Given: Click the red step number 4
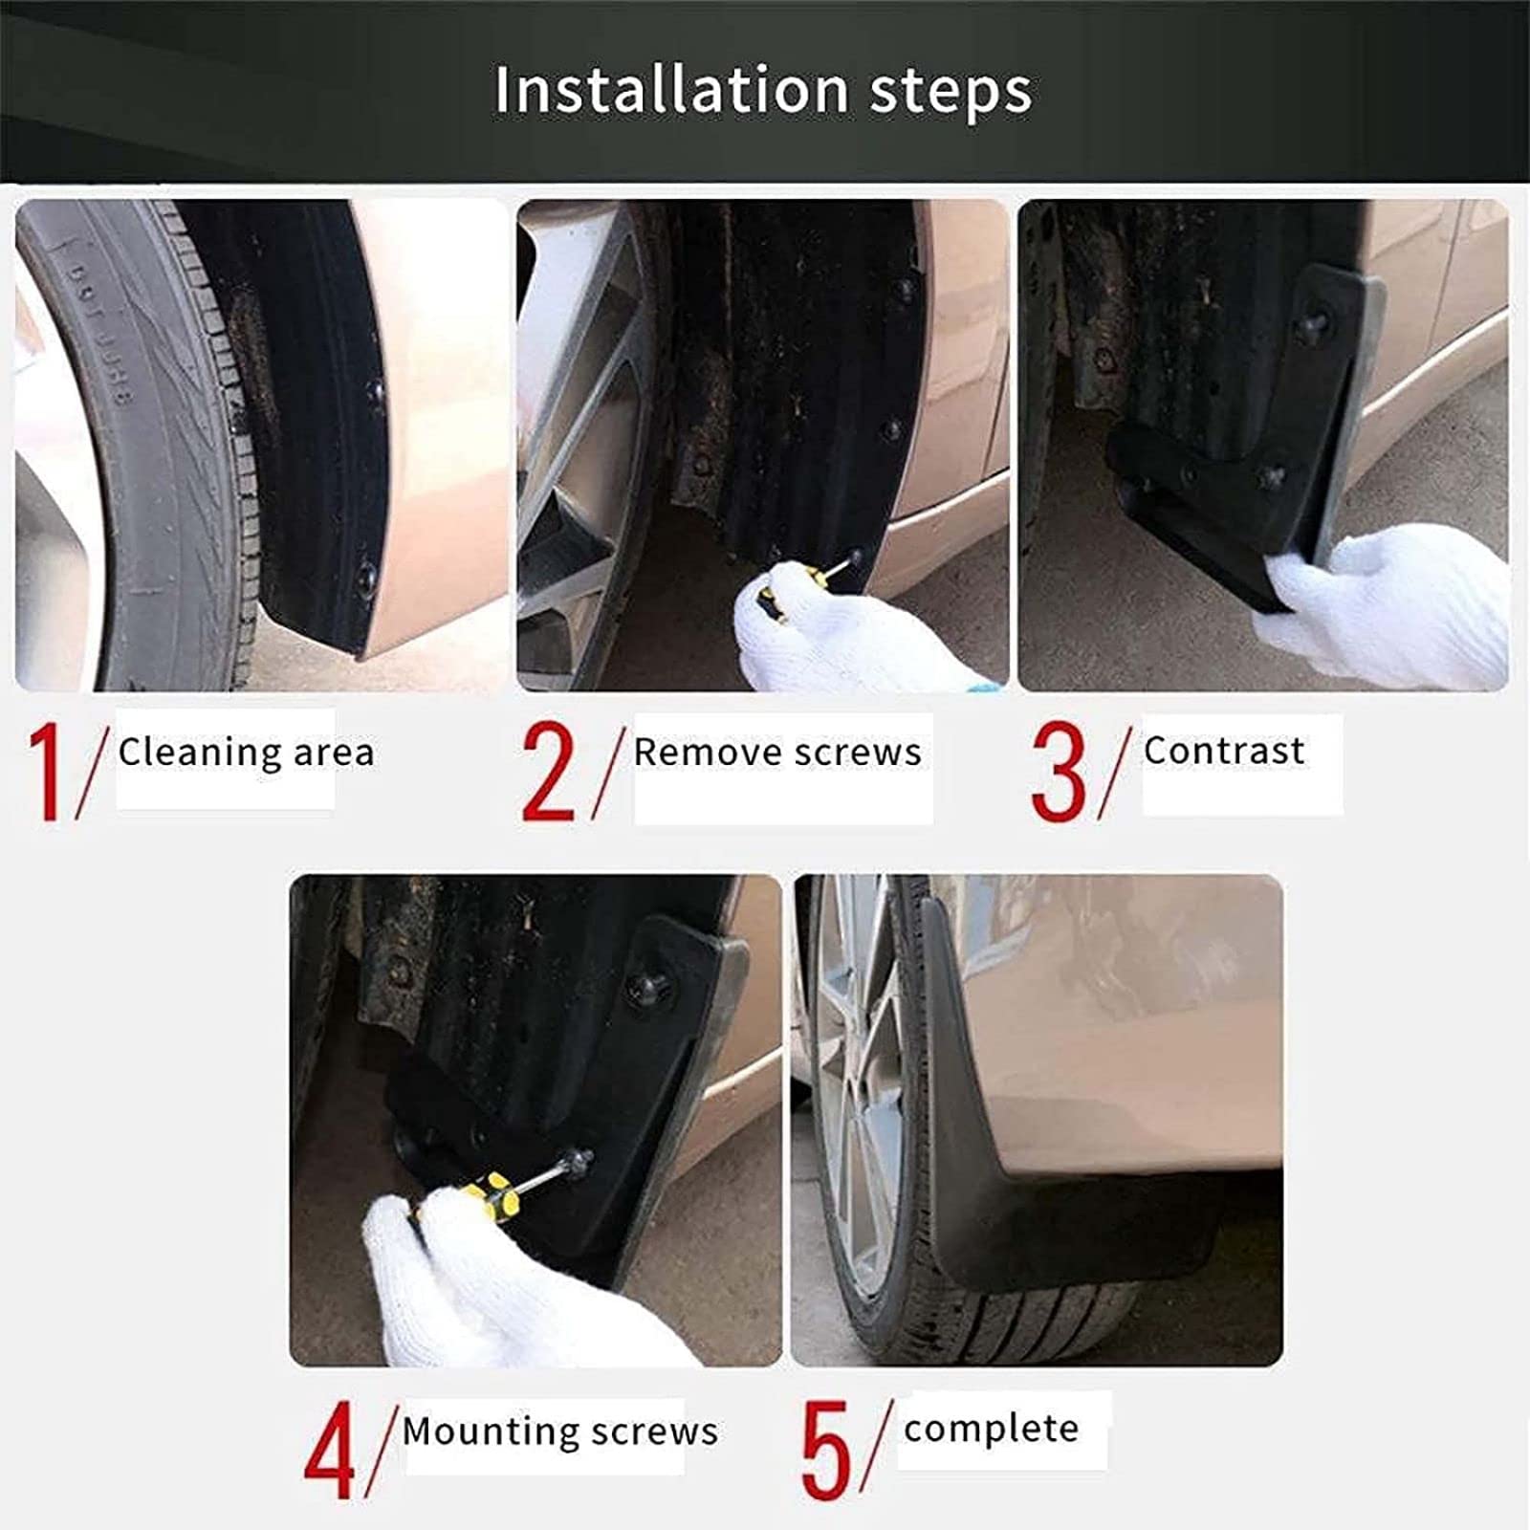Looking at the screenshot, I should tap(329, 1451).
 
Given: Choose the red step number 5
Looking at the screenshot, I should tap(825, 1451).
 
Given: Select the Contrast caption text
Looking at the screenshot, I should tap(1224, 751).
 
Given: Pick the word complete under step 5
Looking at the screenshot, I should tap(991, 1429).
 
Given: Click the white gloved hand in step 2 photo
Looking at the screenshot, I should tap(841, 636).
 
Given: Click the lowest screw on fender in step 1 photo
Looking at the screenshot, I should tap(365, 577).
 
